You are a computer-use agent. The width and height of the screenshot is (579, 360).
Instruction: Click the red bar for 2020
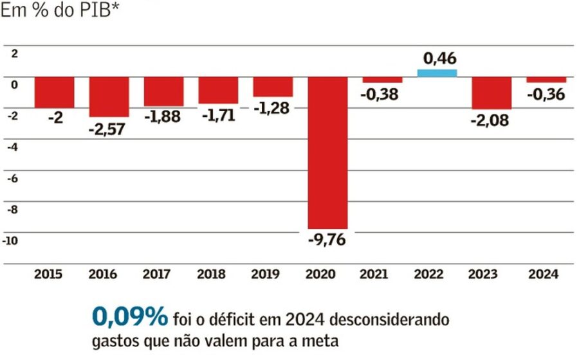pyautogui.click(x=328, y=153)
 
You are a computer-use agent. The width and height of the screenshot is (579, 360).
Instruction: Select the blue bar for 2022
pyautogui.click(x=437, y=73)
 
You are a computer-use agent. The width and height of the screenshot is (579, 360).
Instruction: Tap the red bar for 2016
pyautogui.click(x=109, y=96)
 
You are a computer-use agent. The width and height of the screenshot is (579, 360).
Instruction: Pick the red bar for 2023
pyautogui.click(x=492, y=93)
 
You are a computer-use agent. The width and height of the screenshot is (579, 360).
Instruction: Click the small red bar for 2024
pyautogui.click(x=546, y=80)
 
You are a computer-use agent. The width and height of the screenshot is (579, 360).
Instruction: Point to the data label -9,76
pyautogui.click(x=327, y=240)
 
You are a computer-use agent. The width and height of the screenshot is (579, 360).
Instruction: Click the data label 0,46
pyautogui.click(x=440, y=59)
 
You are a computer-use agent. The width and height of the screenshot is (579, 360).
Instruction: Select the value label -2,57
pyautogui.click(x=107, y=129)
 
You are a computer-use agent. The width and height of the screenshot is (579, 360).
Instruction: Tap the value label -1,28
pyautogui.click(x=271, y=108)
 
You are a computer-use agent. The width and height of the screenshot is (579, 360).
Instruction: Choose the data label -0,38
pyautogui.click(x=380, y=94)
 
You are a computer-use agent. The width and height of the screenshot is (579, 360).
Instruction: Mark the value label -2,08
pyautogui.click(x=490, y=120)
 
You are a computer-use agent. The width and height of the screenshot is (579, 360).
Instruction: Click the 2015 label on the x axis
pyautogui.click(x=48, y=274)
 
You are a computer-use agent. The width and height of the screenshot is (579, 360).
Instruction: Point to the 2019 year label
pyautogui.click(x=265, y=274)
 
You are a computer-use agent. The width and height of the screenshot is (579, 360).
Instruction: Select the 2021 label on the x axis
pyautogui.click(x=374, y=274)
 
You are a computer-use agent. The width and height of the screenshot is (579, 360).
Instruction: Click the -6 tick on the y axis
pyautogui.click(x=13, y=179)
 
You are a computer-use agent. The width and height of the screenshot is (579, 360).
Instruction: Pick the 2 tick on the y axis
pyautogui.click(x=14, y=54)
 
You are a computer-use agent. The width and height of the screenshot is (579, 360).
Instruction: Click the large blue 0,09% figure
pyautogui.click(x=130, y=316)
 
